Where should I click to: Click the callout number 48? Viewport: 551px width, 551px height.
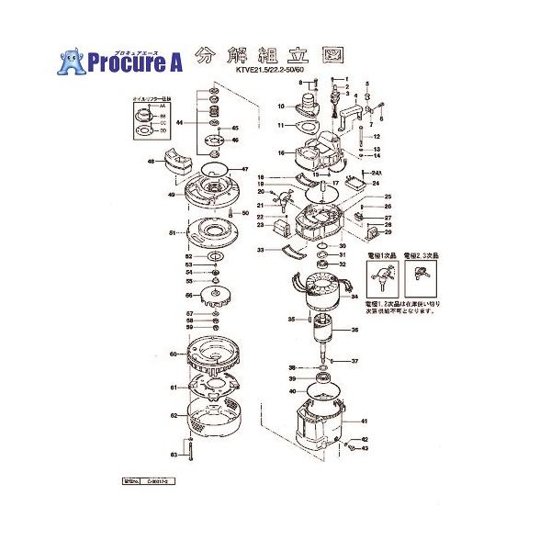pos(151,163)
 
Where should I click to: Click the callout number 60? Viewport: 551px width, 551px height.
pos(172,354)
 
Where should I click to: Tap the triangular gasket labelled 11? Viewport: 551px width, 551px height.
pos(319,125)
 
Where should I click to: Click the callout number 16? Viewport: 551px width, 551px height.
pos(271,152)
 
